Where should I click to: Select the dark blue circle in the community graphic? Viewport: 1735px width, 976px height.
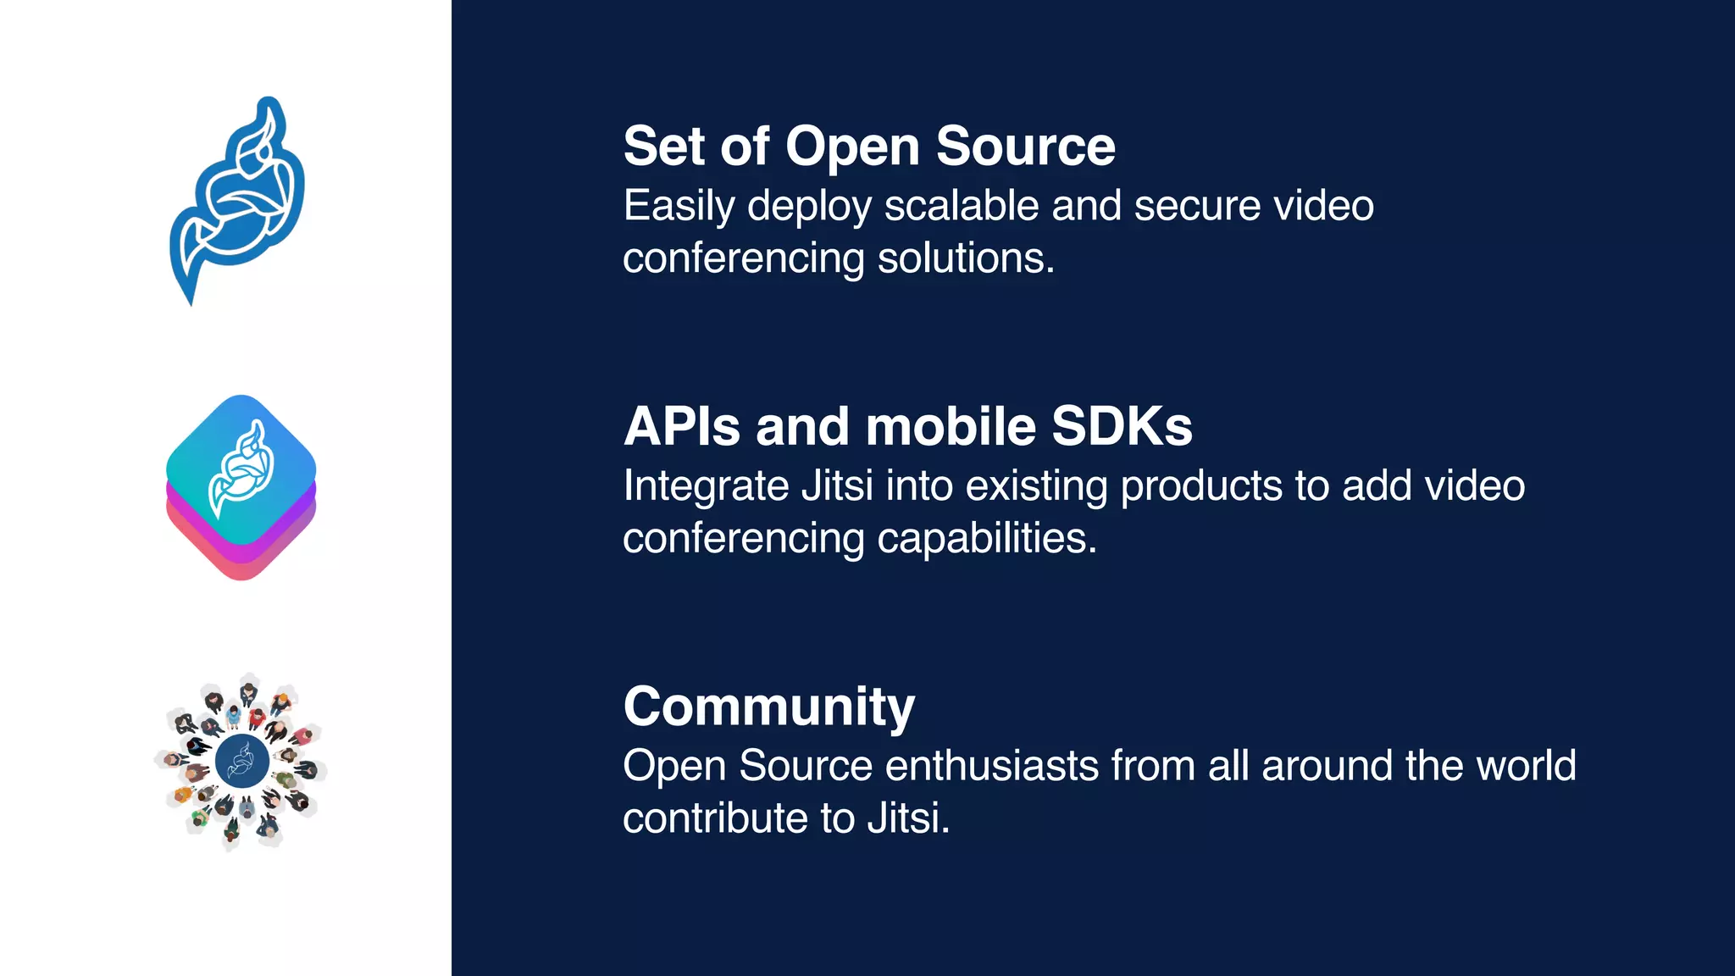242,761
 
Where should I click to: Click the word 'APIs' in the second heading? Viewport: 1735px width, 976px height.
682,426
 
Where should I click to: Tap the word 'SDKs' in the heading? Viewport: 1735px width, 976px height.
1122,426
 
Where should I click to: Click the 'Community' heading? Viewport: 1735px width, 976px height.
768,707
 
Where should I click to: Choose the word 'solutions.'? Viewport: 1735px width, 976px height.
966,258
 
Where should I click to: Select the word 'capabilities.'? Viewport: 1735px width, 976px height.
987,538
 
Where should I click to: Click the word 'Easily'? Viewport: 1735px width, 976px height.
679,207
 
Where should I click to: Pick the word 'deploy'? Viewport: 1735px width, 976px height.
809,207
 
